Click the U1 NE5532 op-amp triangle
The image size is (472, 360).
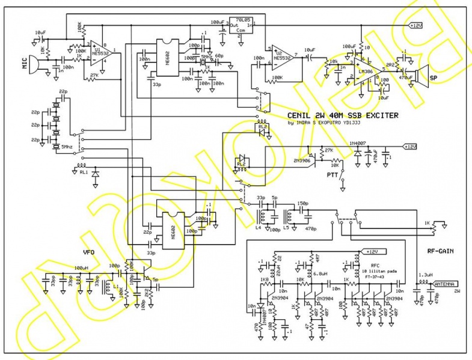[x=103, y=55]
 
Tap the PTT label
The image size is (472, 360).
[x=331, y=174]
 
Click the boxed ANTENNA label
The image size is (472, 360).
[x=442, y=283]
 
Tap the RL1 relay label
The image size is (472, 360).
[x=83, y=172]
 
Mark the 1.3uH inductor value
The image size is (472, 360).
[x=425, y=275]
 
